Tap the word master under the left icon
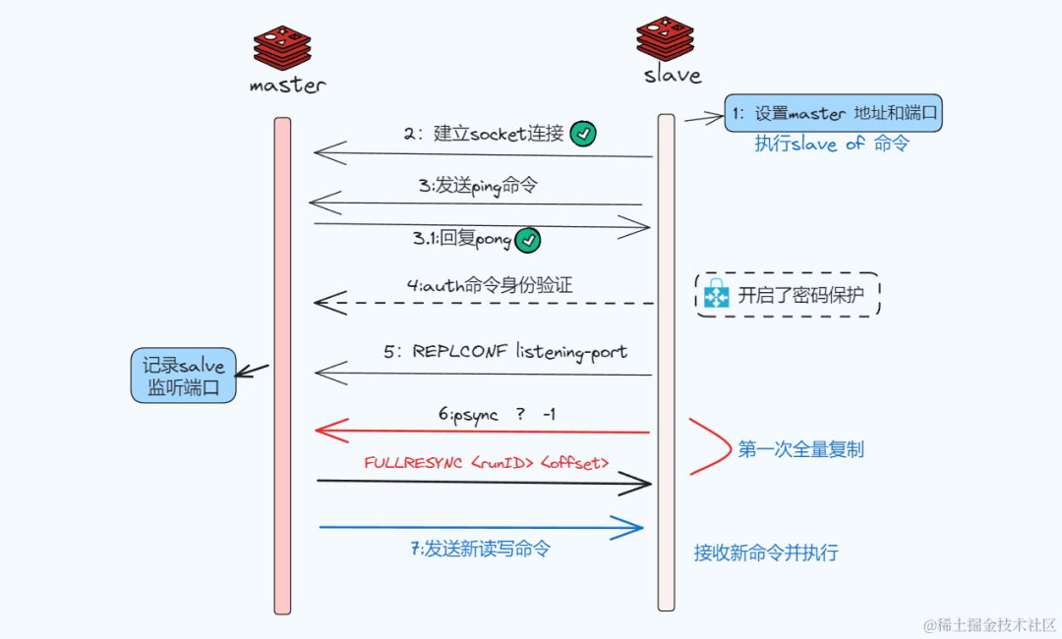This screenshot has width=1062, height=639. [x=287, y=86]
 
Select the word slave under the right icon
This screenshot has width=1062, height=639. [x=673, y=75]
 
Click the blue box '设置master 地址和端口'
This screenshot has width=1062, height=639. [x=833, y=114]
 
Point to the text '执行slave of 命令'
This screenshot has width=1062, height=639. [x=832, y=145]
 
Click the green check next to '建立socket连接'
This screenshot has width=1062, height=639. [x=583, y=134]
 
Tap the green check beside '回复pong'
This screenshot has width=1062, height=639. [x=529, y=240]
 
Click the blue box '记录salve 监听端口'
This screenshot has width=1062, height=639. [x=185, y=377]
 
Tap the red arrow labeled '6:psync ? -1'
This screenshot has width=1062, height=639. [x=482, y=432]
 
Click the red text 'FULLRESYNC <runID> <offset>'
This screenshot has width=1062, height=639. [x=487, y=463]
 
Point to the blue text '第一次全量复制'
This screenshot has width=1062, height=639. [x=801, y=450]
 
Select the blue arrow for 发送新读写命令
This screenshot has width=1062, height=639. [x=482, y=528]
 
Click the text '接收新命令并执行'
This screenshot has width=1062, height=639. [x=766, y=552]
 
